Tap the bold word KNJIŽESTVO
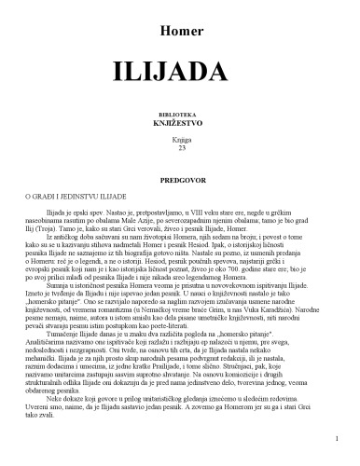tap(180, 120)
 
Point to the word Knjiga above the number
tap(180, 137)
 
